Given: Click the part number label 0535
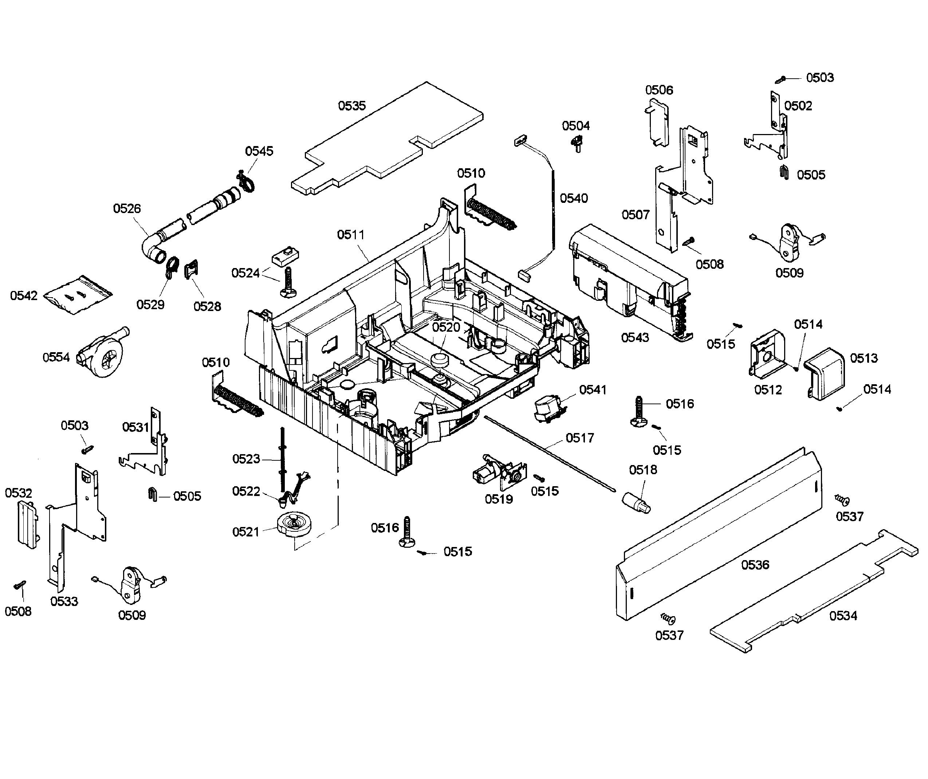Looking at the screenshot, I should point(352,106).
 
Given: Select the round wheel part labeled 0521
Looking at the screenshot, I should point(292,525).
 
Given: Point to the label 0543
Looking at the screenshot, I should point(635,338).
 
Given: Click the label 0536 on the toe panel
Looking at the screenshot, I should point(755,565).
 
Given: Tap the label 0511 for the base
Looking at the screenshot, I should point(350,235).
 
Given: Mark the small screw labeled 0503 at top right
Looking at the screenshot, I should point(781,79).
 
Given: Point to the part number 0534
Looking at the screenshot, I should point(843,615).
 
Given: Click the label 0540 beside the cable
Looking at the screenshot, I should point(574,198).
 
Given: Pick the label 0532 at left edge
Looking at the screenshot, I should point(19,493).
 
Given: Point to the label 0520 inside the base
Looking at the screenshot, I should point(446,327).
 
